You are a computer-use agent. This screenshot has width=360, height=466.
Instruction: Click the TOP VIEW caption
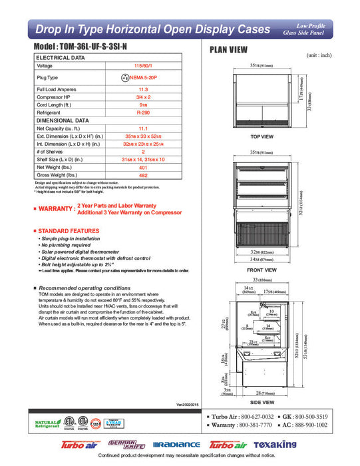pyautogui.click(x=262, y=136)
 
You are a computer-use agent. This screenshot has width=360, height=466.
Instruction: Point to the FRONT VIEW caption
pyautogui.click(x=262, y=270)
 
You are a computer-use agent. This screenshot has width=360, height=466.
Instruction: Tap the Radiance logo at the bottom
pyautogui.click(x=176, y=444)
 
